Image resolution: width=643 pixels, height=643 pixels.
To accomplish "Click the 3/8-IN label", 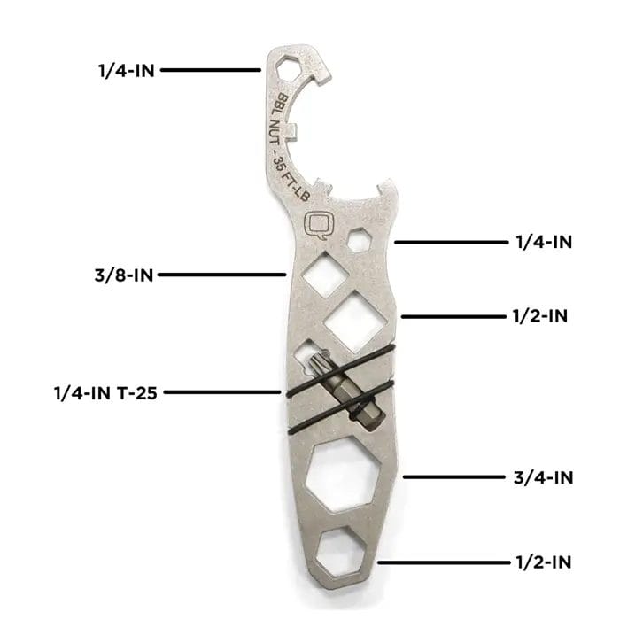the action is (124, 275).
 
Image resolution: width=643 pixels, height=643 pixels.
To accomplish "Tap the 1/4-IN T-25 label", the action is (105, 393).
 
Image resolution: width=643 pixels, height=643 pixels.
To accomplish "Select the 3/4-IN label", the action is (543, 477).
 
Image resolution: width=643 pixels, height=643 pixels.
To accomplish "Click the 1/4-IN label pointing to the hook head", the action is (127, 71).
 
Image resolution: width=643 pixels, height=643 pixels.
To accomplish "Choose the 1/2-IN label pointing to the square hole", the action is (540, 316).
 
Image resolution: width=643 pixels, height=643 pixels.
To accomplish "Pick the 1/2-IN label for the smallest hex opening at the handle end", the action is (543, 562).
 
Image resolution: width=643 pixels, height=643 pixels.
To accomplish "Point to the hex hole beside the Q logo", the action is (360, 240).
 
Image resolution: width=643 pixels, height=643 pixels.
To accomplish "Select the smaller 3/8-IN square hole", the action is (325, 274).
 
